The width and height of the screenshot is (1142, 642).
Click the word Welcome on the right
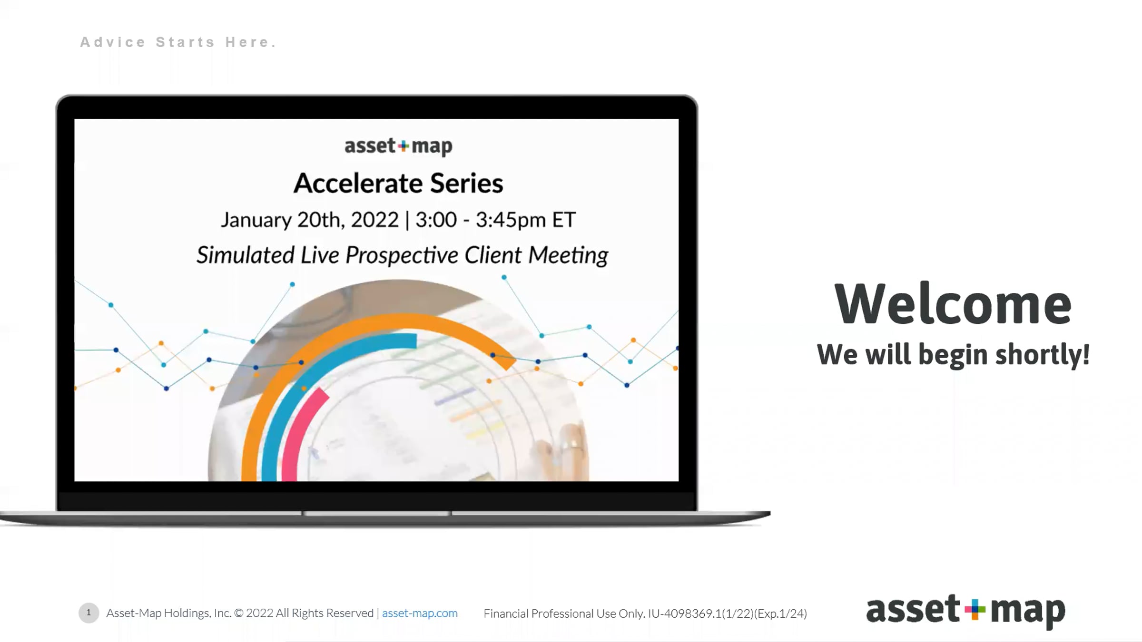tap(953, 303)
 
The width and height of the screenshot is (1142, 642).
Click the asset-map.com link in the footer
tap(420, 613)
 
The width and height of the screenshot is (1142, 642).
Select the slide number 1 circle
tap(89, 613)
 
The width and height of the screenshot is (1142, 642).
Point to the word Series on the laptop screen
tap(466, 183)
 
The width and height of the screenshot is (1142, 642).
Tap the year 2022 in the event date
tap(374, 220)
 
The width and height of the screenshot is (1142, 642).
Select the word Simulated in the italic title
tap(246, 255)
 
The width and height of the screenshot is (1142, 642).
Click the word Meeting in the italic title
tap(568, 255)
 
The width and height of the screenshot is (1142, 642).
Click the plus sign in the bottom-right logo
tap(975, 610)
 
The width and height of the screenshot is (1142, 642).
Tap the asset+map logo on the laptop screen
tap(398, 146)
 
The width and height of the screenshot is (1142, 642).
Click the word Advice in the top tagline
tap(113, 42)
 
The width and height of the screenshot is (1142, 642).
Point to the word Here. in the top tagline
tap(250, 42)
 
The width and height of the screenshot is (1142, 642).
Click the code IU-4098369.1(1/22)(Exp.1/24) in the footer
tap(728, 613)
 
